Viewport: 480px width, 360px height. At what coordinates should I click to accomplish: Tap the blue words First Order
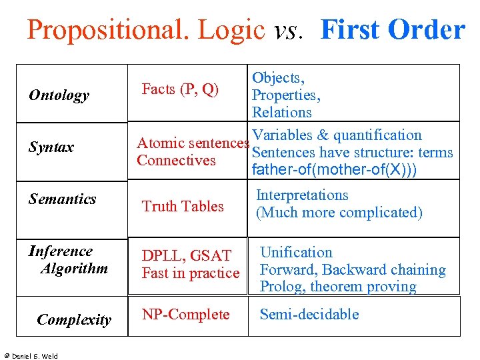392,30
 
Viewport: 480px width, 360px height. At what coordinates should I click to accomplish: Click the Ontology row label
59,95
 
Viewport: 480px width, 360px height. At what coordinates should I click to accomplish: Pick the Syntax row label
51,147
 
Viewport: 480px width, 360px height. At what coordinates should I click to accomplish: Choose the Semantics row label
62,199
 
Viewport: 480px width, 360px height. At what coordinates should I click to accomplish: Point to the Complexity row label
74,320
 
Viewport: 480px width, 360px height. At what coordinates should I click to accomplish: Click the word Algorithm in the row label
74,269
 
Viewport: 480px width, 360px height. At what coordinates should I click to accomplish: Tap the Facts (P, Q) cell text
180,89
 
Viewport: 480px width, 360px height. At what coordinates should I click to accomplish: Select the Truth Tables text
183,207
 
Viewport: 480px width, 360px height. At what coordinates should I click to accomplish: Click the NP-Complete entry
185,315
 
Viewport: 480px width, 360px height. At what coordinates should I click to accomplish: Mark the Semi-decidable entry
309,315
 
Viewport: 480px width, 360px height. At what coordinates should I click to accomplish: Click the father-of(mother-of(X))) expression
335,169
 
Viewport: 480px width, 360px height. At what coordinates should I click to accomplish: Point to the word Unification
296,253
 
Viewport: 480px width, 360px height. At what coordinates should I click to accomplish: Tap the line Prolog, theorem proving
338,287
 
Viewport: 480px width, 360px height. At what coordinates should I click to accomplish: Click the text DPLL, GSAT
186,256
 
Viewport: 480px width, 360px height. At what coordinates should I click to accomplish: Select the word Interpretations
302,195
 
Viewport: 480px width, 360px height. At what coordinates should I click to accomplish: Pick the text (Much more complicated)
339,213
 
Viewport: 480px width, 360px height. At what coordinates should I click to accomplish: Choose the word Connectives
176,161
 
